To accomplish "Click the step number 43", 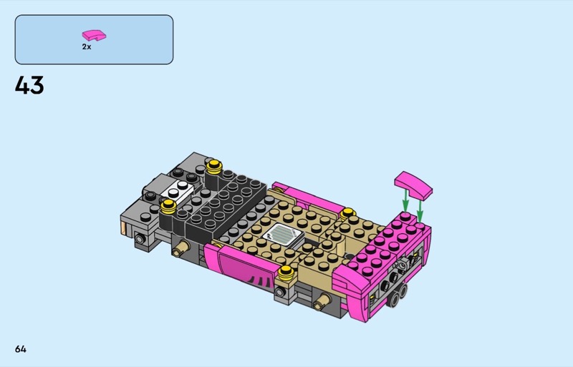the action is (x=29, y=85).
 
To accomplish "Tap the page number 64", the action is (x=21, y=349).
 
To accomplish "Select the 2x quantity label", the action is (x=87, y=47).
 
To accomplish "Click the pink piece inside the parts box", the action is (x=94, y=35).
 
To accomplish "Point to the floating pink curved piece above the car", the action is (x=413, y=185).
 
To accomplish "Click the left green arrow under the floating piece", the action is (x=405, y=201).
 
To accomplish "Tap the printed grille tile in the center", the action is (x=282, y=234).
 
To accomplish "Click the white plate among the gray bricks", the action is (x=177, y=190).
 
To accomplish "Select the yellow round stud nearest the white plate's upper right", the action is (x=213, y=167).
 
